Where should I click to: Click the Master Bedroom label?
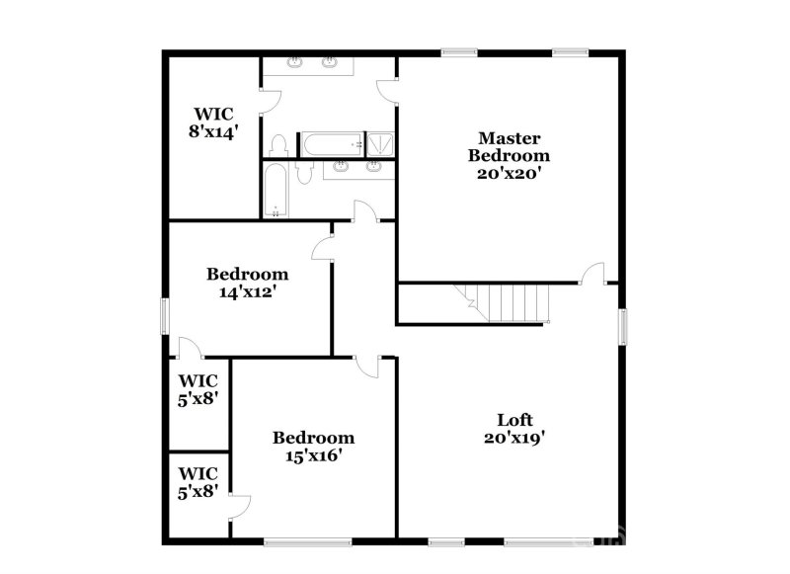pos(509,154)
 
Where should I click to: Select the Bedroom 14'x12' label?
pos(247,283)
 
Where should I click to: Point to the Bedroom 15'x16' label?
pos(313,447)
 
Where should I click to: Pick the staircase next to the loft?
pos(505,301)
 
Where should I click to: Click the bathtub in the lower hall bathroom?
pos(276,191)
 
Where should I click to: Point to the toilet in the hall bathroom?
pos(304,172)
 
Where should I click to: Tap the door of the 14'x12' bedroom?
pos(324,248)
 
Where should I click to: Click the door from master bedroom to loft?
pos(592,274)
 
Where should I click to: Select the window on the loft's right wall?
pos(623,326)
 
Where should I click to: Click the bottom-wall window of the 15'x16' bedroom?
pos(307,540)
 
